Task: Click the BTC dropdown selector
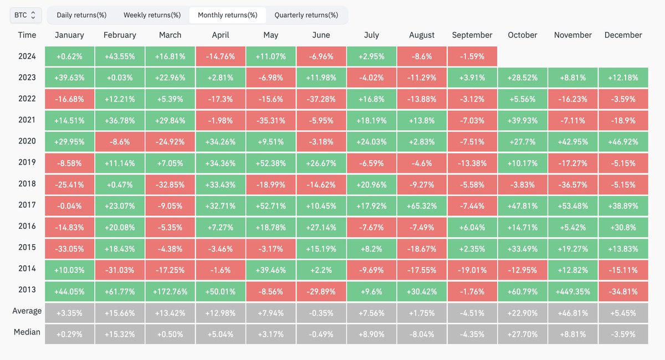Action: point(25,15)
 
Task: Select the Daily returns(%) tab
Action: point(81,15)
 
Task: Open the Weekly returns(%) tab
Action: point(152,15)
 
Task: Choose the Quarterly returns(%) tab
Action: point(306,15)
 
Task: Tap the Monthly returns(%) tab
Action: point(228,15)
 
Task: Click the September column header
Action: point(472,35)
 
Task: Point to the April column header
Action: point(221,35)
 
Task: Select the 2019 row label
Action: point(27,162)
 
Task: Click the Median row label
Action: point(27,332)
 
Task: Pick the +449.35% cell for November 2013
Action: point(572,291)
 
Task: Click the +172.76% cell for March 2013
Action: point(170,291)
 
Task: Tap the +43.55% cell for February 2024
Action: point(120,56)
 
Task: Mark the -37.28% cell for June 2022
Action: point(321,99)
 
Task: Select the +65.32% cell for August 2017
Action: point(422,206)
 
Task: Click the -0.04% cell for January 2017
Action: point(69,206)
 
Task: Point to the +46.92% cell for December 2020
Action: point(623,142)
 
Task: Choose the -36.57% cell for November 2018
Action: point(572,184)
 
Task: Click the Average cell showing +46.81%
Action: point(572,313)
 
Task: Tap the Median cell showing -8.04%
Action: point(422,334)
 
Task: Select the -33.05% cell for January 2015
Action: point(69,249)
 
